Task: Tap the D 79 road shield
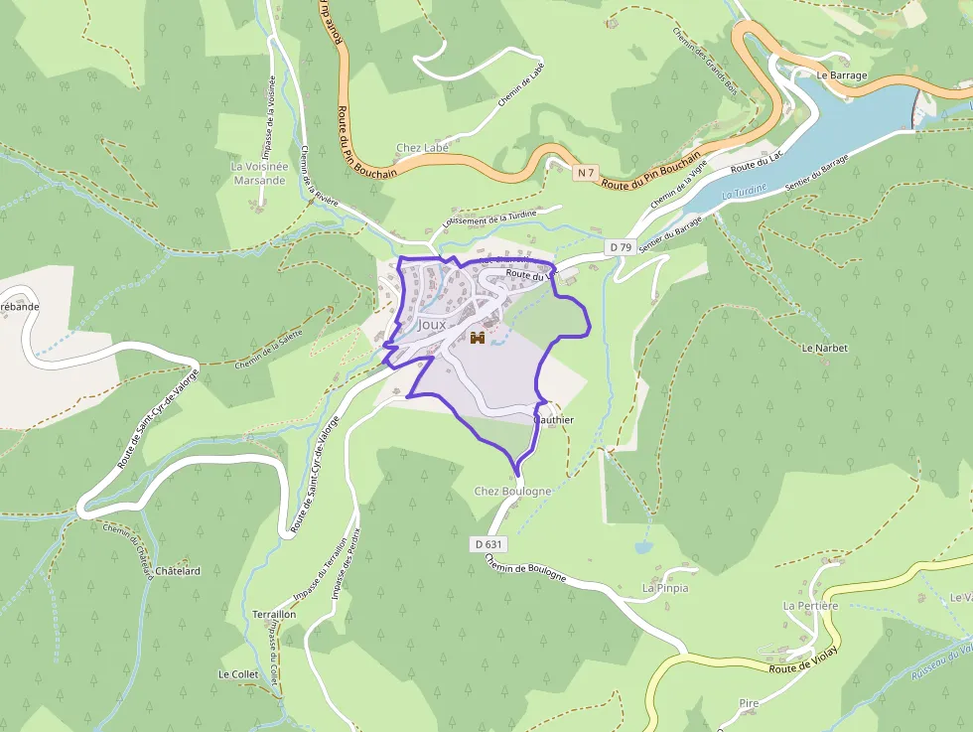pos(621,246)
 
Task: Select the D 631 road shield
pos(488,543)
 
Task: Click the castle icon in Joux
pos(478,338)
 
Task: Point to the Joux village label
pos(432,325)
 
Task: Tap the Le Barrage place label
pos(842,74)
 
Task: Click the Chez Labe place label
pos(422,148)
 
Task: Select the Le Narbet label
pos(823,349)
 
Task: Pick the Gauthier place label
pos(554,420)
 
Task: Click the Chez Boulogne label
pos(512,492)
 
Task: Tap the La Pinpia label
pos(665,588)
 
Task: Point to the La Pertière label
pos(811,605)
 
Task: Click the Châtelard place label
pos(178,571)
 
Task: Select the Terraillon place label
pos(274,615)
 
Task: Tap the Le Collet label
pos(238,673)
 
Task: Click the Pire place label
pos(749,703)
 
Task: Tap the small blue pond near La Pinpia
pos(643,547)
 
